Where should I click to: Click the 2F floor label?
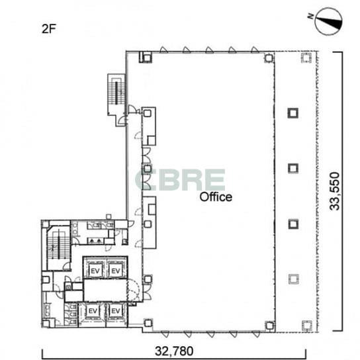49,29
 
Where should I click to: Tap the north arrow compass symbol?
329,22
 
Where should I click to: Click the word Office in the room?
216,197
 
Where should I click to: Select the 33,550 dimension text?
334,191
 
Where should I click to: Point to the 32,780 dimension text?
174,351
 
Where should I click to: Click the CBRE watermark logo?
180,180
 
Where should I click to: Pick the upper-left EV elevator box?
95,271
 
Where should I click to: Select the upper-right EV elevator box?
115,271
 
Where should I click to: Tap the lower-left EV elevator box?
93,311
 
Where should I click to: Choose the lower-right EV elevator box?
116,311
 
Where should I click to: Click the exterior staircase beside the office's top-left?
116,94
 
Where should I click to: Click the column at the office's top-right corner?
269,58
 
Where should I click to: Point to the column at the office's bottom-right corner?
269,326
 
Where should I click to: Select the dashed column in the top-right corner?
306,58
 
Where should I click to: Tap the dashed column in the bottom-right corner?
307,326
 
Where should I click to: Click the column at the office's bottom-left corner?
148,323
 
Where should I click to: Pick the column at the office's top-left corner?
146,57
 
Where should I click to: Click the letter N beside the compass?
310,16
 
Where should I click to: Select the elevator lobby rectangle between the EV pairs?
105,290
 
